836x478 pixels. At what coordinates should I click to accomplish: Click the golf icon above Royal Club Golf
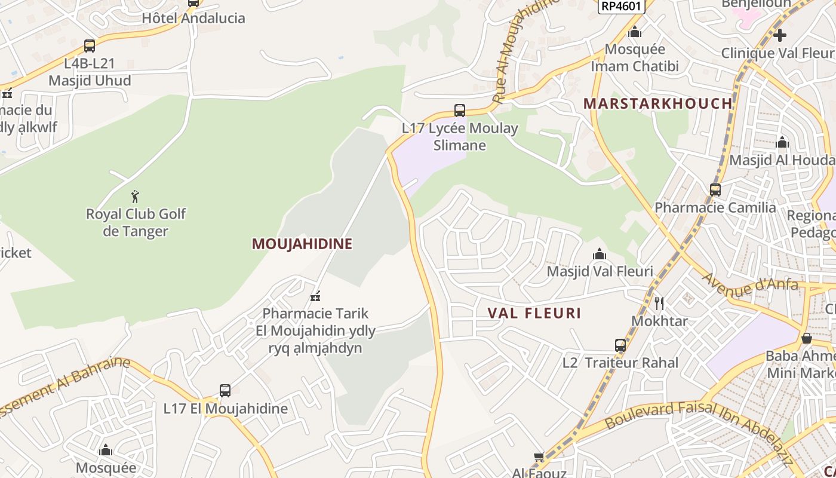[136, 196]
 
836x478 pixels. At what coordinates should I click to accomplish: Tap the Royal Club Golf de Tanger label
[136, 222]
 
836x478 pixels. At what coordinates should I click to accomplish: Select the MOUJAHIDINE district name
[302, 244]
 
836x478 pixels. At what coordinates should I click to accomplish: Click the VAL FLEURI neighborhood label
[534, 313]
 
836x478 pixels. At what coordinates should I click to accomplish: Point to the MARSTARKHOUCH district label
[657, 103]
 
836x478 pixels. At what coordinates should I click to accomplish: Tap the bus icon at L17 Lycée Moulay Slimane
[459, 111]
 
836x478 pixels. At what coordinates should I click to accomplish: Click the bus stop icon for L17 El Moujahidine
[225, 391]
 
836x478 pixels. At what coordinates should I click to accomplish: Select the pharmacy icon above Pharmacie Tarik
[315, 296]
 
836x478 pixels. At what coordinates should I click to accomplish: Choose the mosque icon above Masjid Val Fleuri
[600, 255]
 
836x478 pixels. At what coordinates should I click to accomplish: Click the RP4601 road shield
[621, 6]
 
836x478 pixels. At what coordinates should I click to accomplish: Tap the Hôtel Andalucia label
[193, 18]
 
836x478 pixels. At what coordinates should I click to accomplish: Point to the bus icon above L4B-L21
[90, 46]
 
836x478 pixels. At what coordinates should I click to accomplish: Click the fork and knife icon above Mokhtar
[659, 304]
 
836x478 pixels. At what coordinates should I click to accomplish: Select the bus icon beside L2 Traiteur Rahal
[620, 345]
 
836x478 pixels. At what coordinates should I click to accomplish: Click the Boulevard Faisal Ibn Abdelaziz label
[699, 431]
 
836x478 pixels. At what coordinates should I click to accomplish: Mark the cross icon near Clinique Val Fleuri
[779, 35]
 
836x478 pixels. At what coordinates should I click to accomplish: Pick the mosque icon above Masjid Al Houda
[782, 143]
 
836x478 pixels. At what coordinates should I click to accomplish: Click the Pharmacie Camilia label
[715, 207]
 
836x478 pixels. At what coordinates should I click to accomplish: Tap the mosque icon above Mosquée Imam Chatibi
[635, 32]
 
